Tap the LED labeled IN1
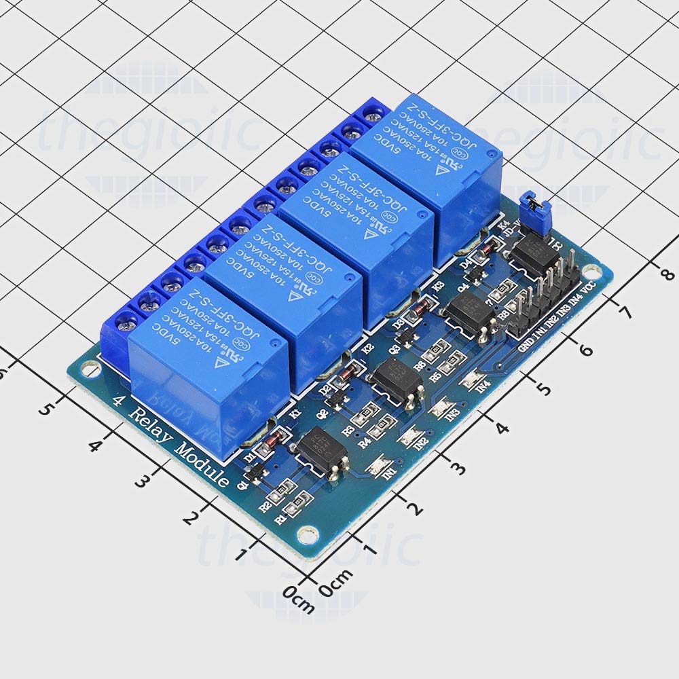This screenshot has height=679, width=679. point(378,467)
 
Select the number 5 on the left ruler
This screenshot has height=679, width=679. point(45,409)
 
